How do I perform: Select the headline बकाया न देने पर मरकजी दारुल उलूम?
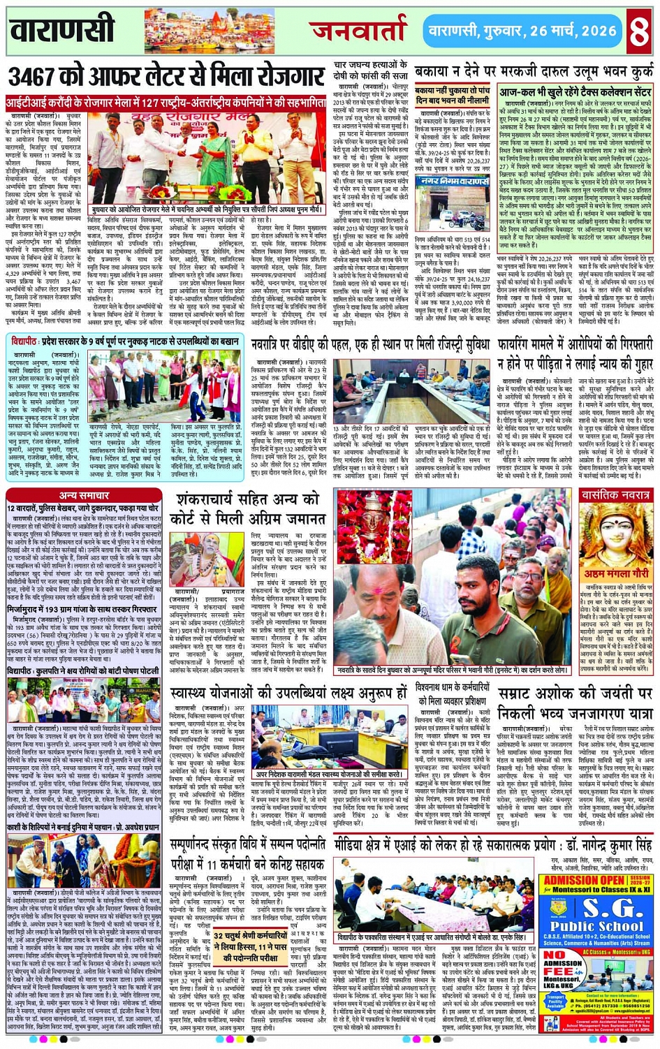[x=532, y=72]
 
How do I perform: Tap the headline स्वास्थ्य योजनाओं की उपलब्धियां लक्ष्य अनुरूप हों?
[x=288, y=693]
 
